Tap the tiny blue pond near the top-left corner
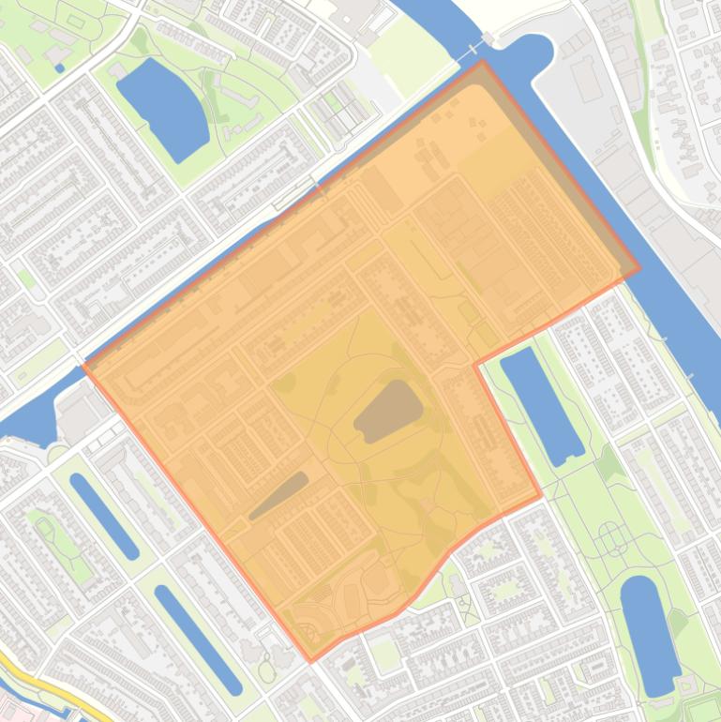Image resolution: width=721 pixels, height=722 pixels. coord(59,68)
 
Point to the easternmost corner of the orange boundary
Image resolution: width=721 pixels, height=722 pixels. coord(639,271)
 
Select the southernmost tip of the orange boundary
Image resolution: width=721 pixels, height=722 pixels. coord(311,661)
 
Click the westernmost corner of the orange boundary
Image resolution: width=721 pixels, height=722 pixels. coord(84,365)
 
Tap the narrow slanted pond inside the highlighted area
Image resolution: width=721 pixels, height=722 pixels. coord(278,495)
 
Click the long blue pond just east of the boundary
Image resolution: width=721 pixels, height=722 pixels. coord(542,406)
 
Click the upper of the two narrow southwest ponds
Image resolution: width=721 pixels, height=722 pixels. coord(104,515)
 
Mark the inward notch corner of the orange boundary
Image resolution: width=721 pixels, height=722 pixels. coord(476,364)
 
